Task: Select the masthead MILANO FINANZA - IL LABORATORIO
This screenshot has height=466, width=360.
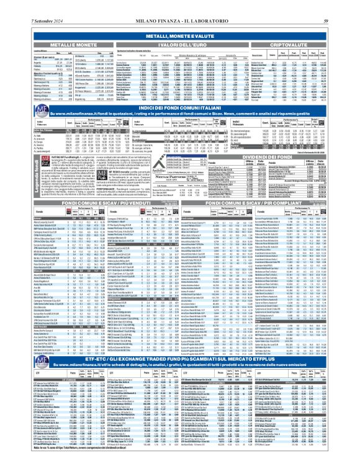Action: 180,5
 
